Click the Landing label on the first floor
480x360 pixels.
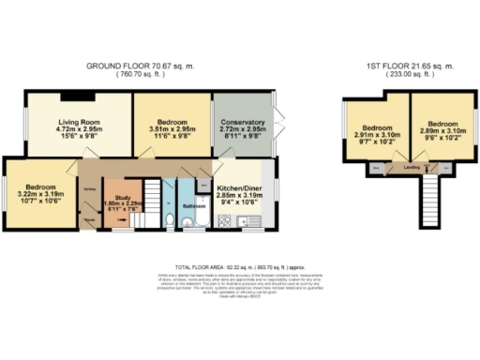[411, 168]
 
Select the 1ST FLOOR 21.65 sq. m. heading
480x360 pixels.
[409, 66]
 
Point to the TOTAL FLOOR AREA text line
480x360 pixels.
[240, 267]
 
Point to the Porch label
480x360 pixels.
[89, 221]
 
